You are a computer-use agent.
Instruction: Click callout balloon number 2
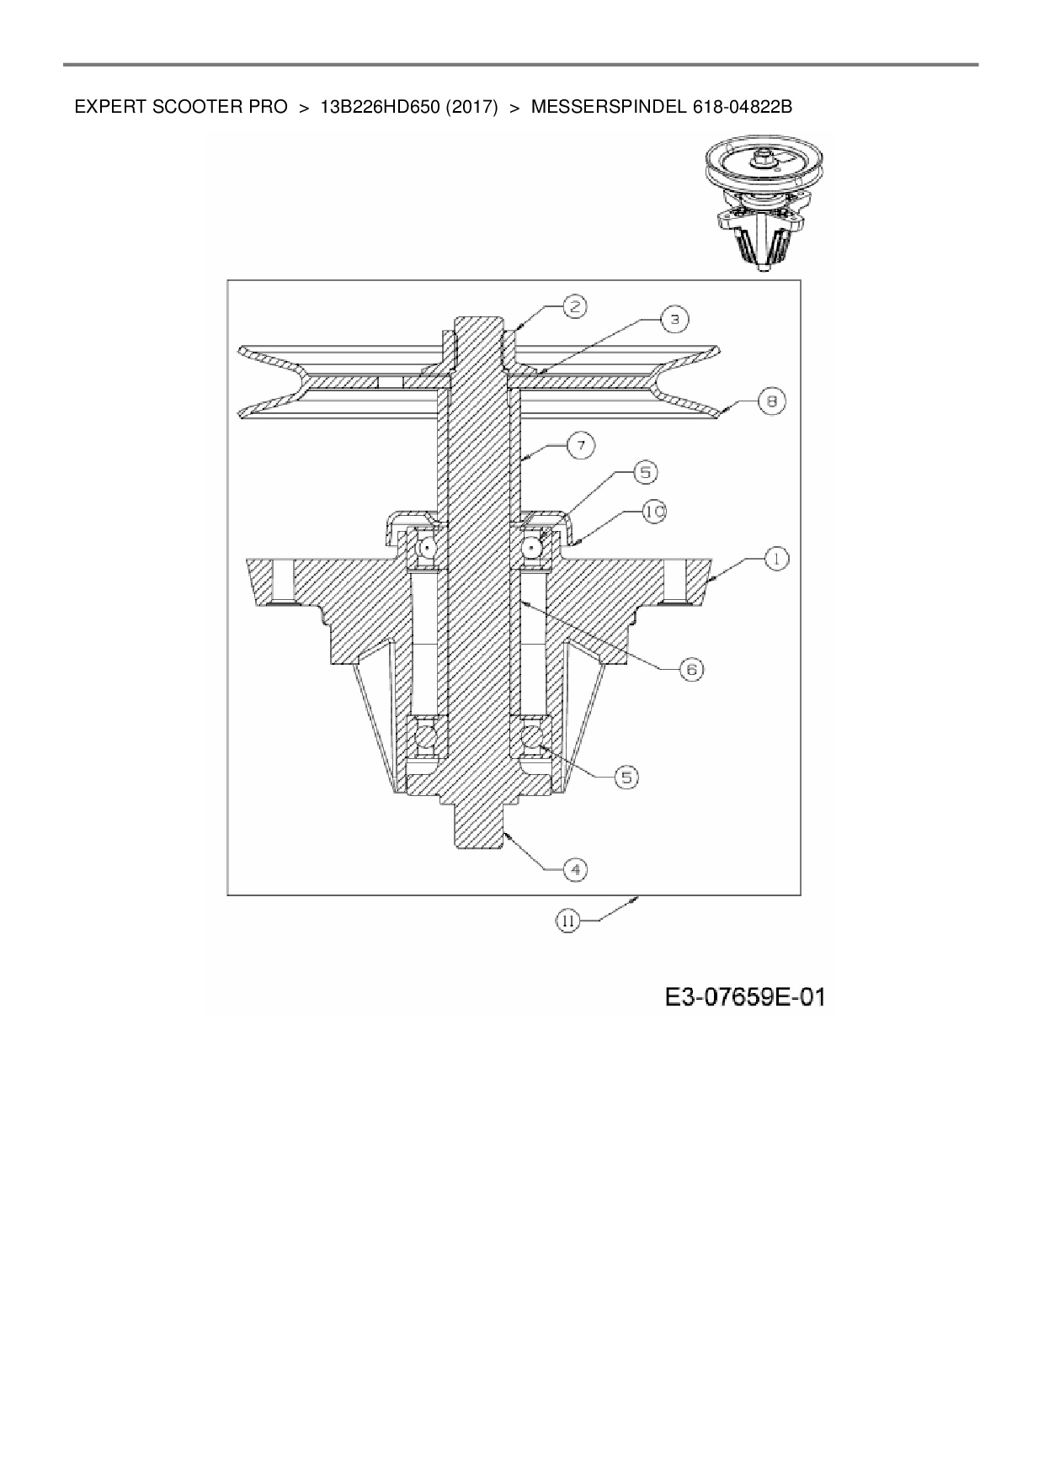click(x=574, y=306)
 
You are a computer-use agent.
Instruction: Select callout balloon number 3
click(x=674, y=319)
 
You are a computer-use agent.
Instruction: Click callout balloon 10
click(x=653, y=512)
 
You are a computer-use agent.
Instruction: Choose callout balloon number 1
click(x=776, y=557)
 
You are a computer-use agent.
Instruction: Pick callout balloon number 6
click(x=690, y=669)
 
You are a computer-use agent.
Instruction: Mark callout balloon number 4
click(x=574, y=869)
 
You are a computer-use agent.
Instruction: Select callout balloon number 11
click(x=567, y=921)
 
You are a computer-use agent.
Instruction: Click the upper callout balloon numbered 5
click(x=645, y=473)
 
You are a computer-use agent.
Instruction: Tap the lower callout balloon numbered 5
click(x=626, y=777)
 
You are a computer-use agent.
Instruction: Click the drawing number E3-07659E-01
click(x=744, y=998)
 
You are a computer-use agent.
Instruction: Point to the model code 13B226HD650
click(x=381, y=108)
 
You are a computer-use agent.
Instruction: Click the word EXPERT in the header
click(x=105, y=108)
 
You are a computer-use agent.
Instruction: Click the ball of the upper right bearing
click(x=532, y=548)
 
